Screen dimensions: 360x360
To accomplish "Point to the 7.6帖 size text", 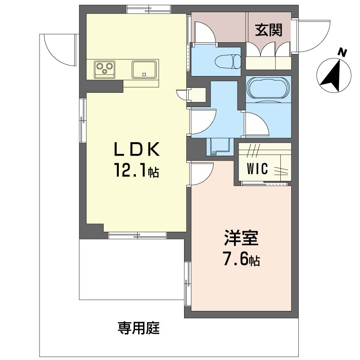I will tap(241, 260).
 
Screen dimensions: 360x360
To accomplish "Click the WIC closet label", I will tap(258, 169).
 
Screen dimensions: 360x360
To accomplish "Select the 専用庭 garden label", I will tap(139, 328).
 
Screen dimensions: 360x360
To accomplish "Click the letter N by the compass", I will tap(342, 54).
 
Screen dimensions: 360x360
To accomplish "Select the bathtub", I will tap(267, 88).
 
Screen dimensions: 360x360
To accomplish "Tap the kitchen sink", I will tap(144, 70).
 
